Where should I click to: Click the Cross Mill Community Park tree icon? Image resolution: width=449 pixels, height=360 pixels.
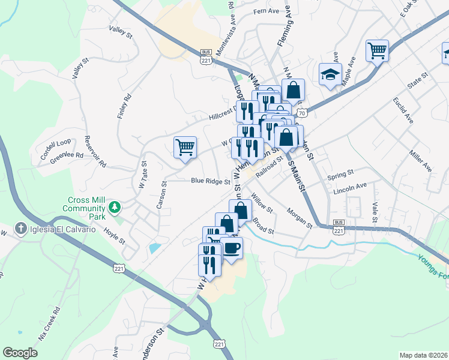point(113,208)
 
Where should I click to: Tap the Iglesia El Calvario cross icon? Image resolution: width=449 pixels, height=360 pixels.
point(20,229)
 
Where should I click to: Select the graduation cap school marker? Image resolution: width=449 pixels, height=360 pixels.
point(330,74)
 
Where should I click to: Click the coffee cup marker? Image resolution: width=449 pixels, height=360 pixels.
point(231,247)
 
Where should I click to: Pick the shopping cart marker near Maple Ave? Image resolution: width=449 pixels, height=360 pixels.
point(377,50)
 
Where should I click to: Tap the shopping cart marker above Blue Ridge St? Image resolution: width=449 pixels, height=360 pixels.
point(185,146)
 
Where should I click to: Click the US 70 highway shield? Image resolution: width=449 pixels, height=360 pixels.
point(302,113)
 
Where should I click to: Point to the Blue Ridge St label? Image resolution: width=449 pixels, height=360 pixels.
point(211,181)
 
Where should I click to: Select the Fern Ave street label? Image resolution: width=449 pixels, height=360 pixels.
point(267,11)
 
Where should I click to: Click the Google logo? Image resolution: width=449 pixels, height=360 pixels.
point(20,353)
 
